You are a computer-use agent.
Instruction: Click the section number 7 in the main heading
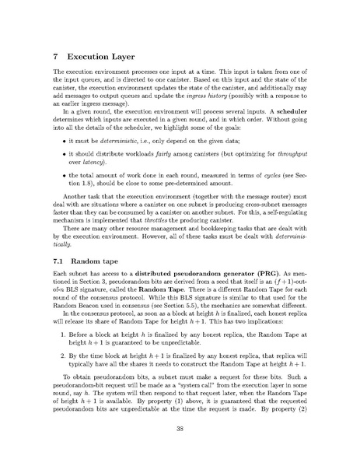(54, 58)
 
